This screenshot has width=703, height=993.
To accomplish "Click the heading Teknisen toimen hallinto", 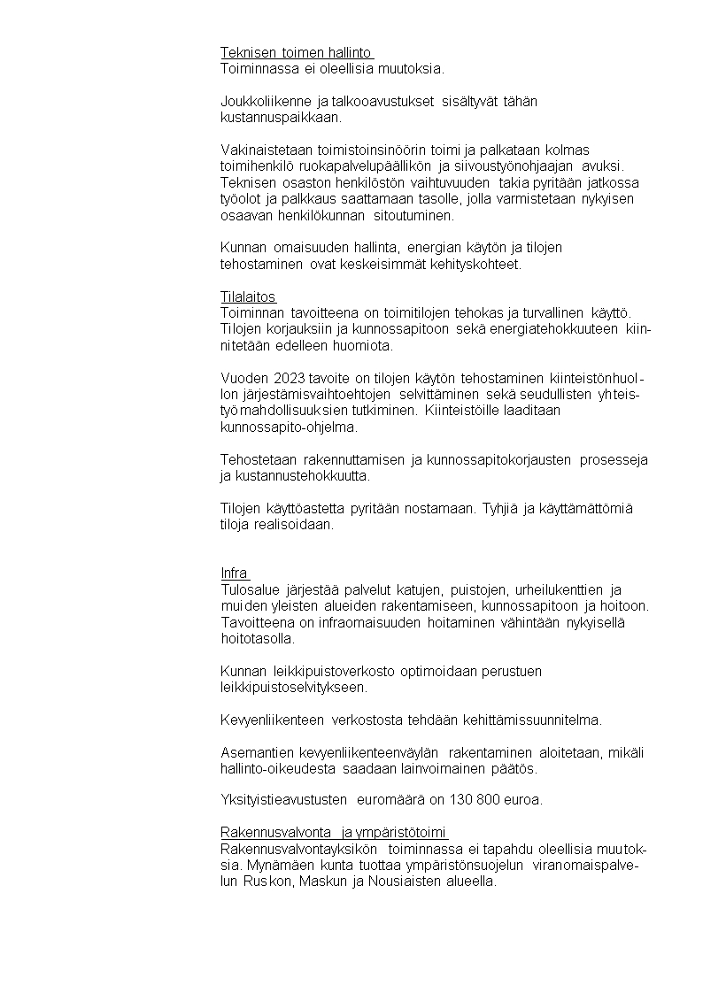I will click(296, 52).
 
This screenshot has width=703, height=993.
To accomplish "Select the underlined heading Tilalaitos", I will click(248, 296).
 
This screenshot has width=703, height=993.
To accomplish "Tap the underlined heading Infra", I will click(235, 573).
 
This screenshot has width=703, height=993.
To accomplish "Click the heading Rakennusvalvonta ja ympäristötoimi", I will click(334, 833).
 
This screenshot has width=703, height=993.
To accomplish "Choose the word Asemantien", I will click(258, 752).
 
